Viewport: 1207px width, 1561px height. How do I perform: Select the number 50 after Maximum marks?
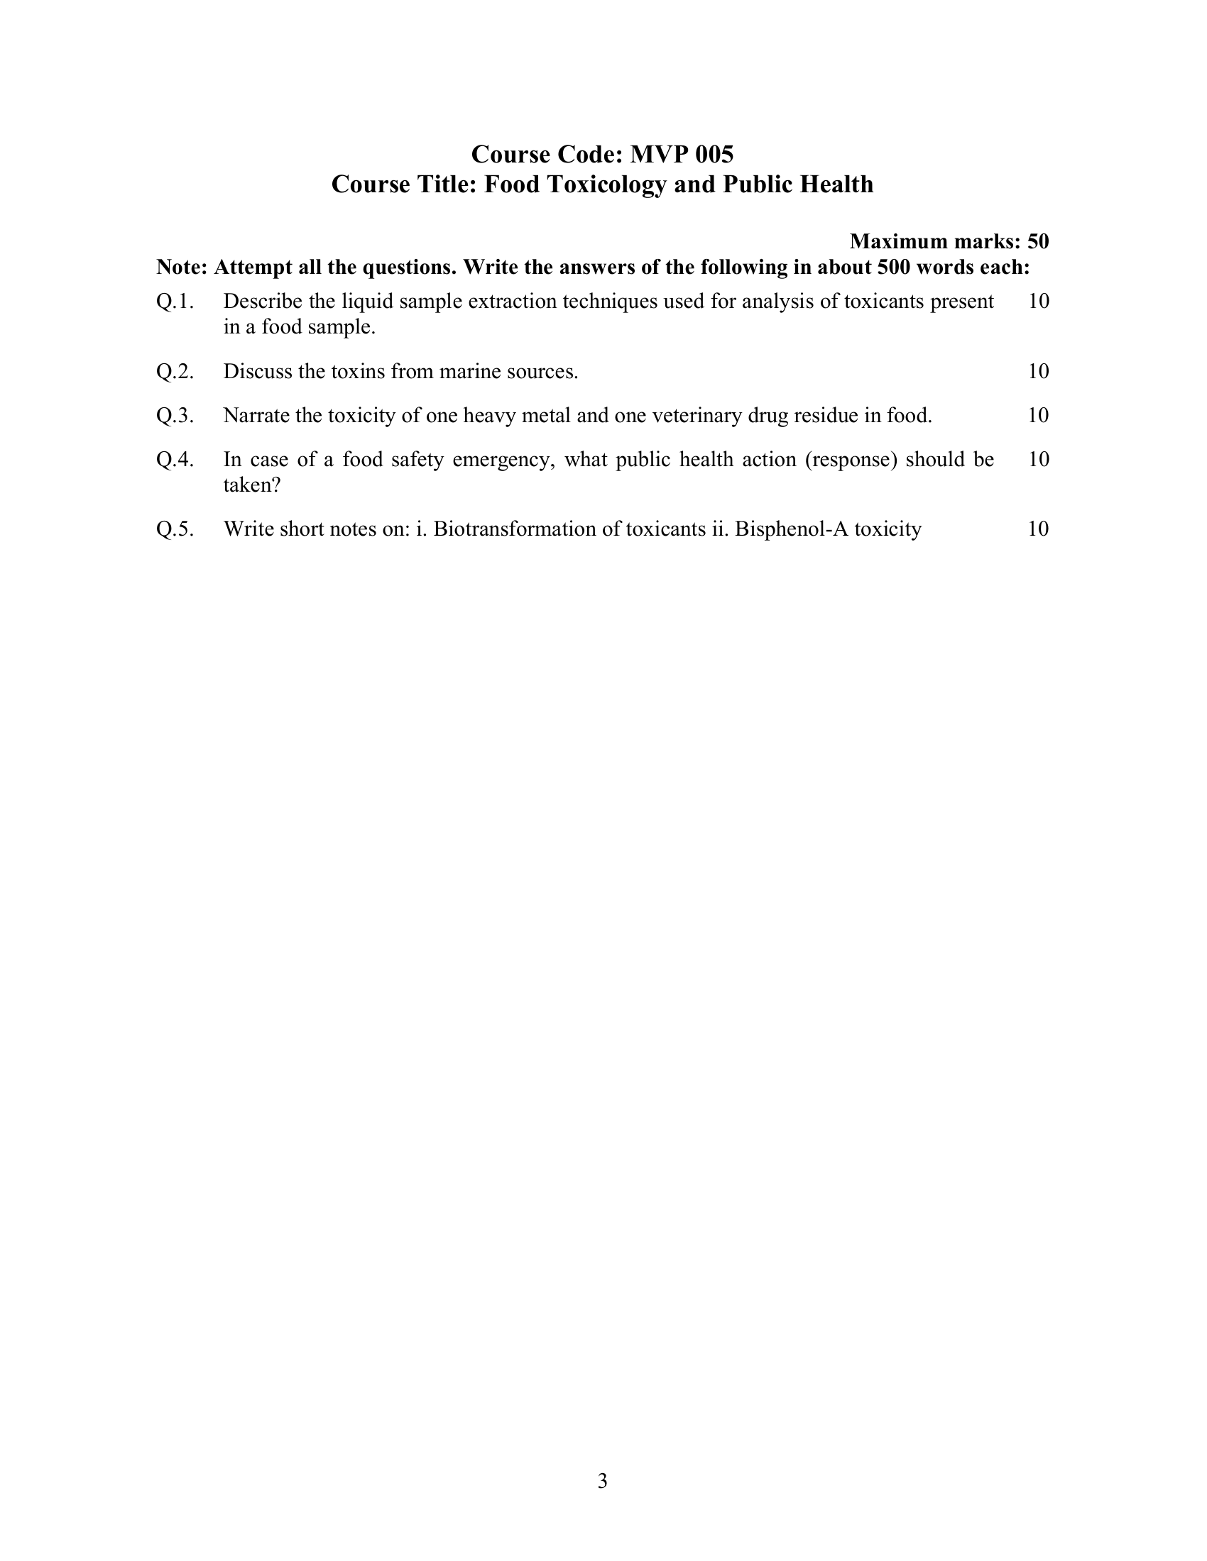[1038, 241]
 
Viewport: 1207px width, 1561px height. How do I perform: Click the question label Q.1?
[175, 302]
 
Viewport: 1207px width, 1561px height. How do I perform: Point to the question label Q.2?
[175, 372]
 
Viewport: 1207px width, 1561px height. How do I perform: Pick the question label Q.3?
[175, 415]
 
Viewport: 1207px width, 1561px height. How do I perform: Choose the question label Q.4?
[175, 459]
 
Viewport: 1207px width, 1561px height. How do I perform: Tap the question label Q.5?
[175, 529]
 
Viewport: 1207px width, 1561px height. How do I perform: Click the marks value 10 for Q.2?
[1038, 372]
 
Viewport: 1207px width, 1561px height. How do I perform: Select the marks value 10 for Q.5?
[1038, 529]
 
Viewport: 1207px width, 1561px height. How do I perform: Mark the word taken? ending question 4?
[253, 485]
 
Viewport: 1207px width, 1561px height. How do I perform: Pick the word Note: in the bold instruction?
[182, 267]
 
